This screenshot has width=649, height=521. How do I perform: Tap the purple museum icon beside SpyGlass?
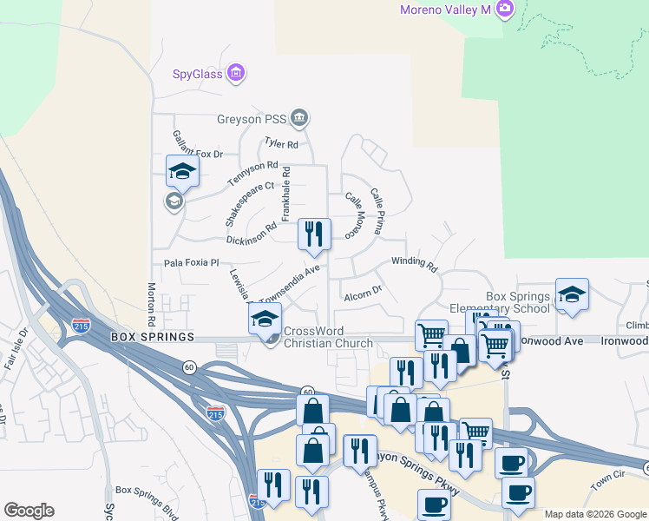tap(235, 73)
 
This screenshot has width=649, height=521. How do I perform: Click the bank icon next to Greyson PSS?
tap(299, 117)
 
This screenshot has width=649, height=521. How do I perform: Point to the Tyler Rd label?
tap(281, 144)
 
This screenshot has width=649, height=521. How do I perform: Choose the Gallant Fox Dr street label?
tap(197, 145)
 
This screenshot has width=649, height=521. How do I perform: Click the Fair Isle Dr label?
tap(17, 348)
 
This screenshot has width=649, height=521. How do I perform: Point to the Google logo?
tap(29, 511)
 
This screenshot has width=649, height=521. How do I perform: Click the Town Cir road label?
tap(607, 477)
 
